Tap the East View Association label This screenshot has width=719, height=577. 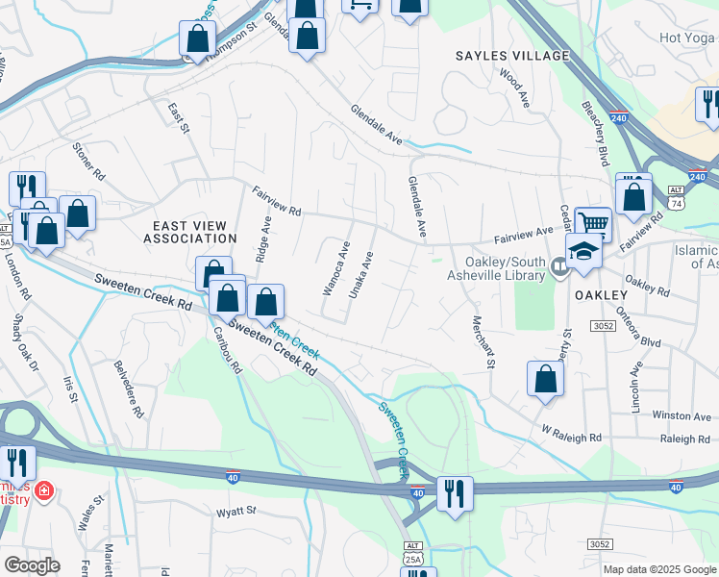189,230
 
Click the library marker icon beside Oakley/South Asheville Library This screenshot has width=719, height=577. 561,265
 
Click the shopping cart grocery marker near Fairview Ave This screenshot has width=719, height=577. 594,224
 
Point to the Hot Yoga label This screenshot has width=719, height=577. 687,38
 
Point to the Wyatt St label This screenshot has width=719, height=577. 236,511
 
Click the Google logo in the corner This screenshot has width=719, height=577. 33,565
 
